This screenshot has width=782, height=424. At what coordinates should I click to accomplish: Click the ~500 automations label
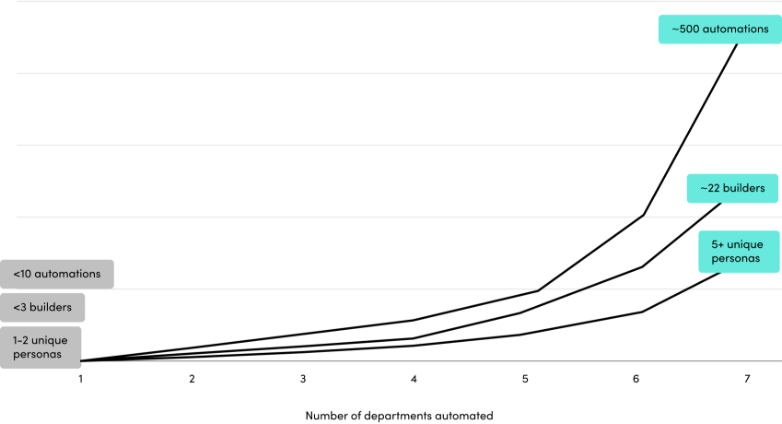click(719, 29)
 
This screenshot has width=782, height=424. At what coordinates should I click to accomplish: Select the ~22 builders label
click(732, 188)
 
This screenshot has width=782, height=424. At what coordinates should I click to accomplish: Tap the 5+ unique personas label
click(735, 252)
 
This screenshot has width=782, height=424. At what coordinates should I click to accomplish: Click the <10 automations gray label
click(57, 274)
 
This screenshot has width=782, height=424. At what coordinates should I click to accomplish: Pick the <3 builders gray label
click(42, 307)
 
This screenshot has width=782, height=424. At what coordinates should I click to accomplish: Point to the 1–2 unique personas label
click(41, 347)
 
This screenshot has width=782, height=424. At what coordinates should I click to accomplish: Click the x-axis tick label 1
click(81, 379)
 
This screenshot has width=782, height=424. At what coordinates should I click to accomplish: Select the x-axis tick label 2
click(192, 379)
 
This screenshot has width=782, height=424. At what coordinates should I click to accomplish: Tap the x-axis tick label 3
click(303, 379)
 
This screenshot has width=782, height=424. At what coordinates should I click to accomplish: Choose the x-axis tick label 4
click(414, 379)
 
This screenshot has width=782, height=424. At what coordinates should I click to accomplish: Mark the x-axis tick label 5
click(525, 379)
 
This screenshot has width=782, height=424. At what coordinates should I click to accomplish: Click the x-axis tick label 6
click(636, 379)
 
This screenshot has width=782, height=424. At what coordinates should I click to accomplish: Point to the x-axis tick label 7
click(747, 379)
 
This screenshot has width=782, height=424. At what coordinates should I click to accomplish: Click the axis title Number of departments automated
click(399, 416)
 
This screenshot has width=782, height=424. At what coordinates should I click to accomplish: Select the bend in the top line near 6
click(644, 215)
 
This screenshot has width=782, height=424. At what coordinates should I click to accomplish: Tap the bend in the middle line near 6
click(642, 266)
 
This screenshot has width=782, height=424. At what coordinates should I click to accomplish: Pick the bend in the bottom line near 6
click(642, 312)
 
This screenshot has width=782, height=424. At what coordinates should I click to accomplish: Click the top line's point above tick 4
click(414, 320)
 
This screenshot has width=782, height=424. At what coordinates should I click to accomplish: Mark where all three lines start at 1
click(81, 360)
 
